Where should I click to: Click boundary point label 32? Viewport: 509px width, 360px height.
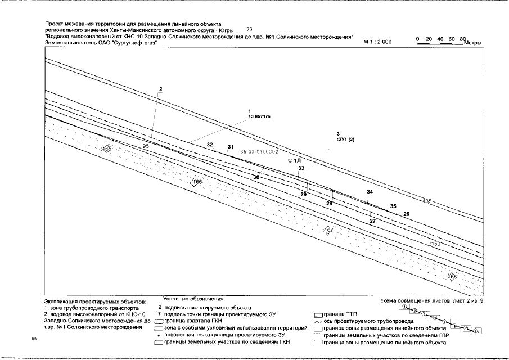click(x=210, y=145)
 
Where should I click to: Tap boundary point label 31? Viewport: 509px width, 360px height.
click(x=231, y=147)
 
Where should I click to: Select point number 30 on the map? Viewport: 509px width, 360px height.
click(x=256, y=177)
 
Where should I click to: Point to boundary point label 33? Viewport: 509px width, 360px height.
click(x=301, y=168)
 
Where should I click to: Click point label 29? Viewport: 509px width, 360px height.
click(x=303, y=194)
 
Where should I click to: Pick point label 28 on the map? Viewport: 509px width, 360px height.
click(x=329, y=203)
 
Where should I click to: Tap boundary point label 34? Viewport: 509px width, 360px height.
click(x=370, y=192)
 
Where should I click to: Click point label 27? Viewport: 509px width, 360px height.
click(x=372, y=221)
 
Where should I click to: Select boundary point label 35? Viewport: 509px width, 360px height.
click(x=393, y=206)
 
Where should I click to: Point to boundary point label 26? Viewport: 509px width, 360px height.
click(x=407, y=214)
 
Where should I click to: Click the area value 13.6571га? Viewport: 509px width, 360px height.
click(x=259, y=116)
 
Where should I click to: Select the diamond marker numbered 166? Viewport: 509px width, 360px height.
click(x=197, y=182)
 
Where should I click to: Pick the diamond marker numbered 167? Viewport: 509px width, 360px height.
click(x=329, y=230)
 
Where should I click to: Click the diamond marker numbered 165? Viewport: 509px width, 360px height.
click(x=107, y=148)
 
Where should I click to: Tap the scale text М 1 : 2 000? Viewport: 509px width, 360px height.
click(x=377, y=42)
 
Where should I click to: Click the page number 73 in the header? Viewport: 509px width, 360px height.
click(x=250, y=29)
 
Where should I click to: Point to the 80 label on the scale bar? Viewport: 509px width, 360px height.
click(x=463, y=38)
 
